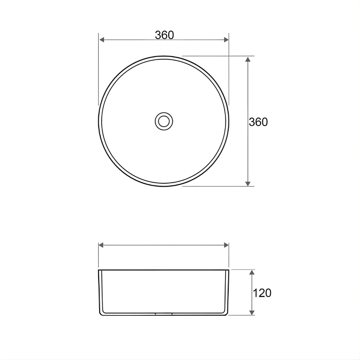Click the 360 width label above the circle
point(165,35)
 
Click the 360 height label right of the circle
point(258,122)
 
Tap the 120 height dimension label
point(262,293)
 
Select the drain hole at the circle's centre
point(164,121)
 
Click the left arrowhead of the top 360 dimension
point(102,40)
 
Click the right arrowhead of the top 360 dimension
point(226,40)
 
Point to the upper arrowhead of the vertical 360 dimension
point(247,59)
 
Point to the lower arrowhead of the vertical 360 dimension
point(247,183)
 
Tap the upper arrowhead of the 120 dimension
point(252,273)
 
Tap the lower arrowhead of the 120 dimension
point(252,312)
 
